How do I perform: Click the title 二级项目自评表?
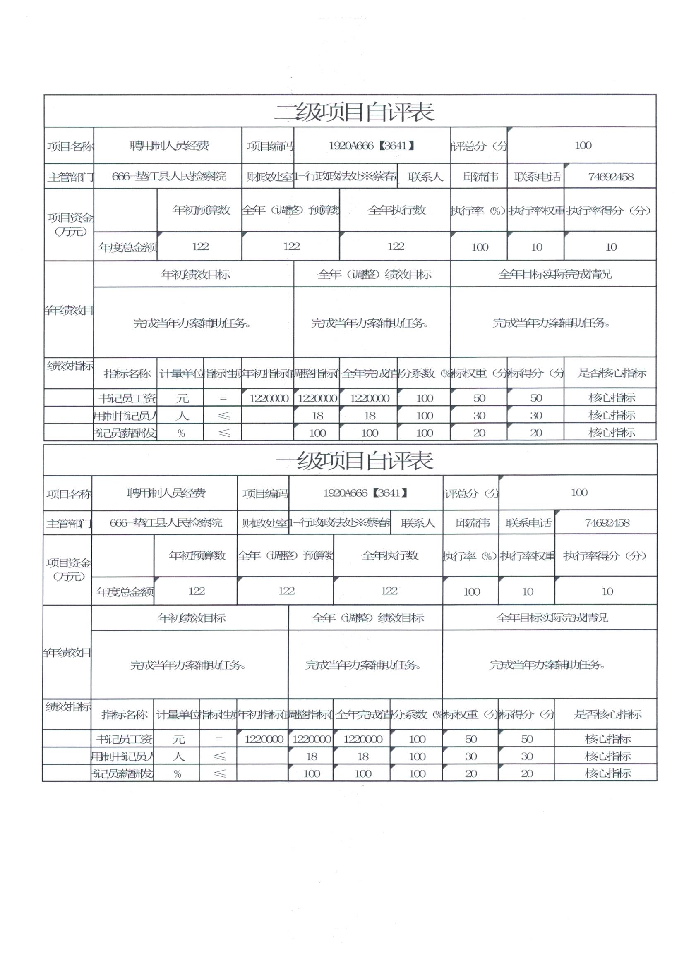pos(354,112)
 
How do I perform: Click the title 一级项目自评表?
pos(354,460)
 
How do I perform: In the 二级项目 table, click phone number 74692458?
pos(611,177)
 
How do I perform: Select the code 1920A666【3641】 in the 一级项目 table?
pos(365,493)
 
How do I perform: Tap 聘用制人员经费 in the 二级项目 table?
pos(169,146)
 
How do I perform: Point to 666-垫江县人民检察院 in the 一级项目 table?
pos(166,523)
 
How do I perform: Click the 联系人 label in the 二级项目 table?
pos(425,177)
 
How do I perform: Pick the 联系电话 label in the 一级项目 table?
pos(528,523)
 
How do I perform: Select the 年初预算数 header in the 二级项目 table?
pos(201,210)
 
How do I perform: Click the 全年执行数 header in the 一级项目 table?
pos(390,555)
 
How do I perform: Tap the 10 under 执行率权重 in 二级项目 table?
pos(537,247)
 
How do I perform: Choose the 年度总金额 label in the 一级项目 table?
pos(125,592)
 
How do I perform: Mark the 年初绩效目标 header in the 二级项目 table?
pos(196,275)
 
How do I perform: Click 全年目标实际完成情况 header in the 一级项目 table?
pos(552,618)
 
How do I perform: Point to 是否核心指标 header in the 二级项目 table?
pos(612,373)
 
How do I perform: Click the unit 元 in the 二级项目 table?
pos(182,398)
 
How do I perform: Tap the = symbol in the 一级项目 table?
pos(219,739)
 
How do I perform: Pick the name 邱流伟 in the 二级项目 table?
pos(480,177)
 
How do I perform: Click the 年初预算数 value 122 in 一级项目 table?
pos(197,591)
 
